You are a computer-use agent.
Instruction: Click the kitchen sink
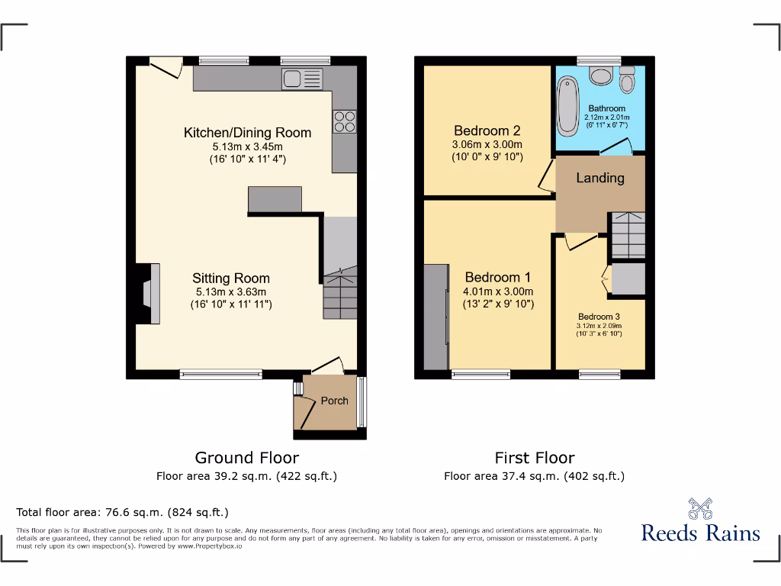pos(302,78)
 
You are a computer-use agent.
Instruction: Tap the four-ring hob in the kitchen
pos(343,122)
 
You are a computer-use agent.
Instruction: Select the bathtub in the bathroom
pos(567,108)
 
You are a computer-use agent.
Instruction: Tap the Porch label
pos(334,401)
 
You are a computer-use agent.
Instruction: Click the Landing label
pos(599,178)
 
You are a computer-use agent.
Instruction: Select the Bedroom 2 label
pos(487,130)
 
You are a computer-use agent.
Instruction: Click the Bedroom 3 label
pos(599,317)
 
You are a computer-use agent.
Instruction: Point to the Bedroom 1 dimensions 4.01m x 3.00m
pos(498,291)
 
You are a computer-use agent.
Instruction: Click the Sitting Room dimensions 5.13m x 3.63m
pos(230,291)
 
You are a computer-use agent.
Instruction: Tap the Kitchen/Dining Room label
pos(247,133)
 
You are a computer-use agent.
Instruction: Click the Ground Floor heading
pos(246,458)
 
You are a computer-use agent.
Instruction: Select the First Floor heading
pos(534,458)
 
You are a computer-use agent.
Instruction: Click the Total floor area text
pos(122,512)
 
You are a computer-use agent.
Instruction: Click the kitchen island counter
pos(275,198)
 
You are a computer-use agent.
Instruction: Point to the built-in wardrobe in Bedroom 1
pos(436,317)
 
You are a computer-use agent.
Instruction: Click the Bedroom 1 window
pos(480,374)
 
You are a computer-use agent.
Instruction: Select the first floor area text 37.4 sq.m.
pos(534,476)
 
